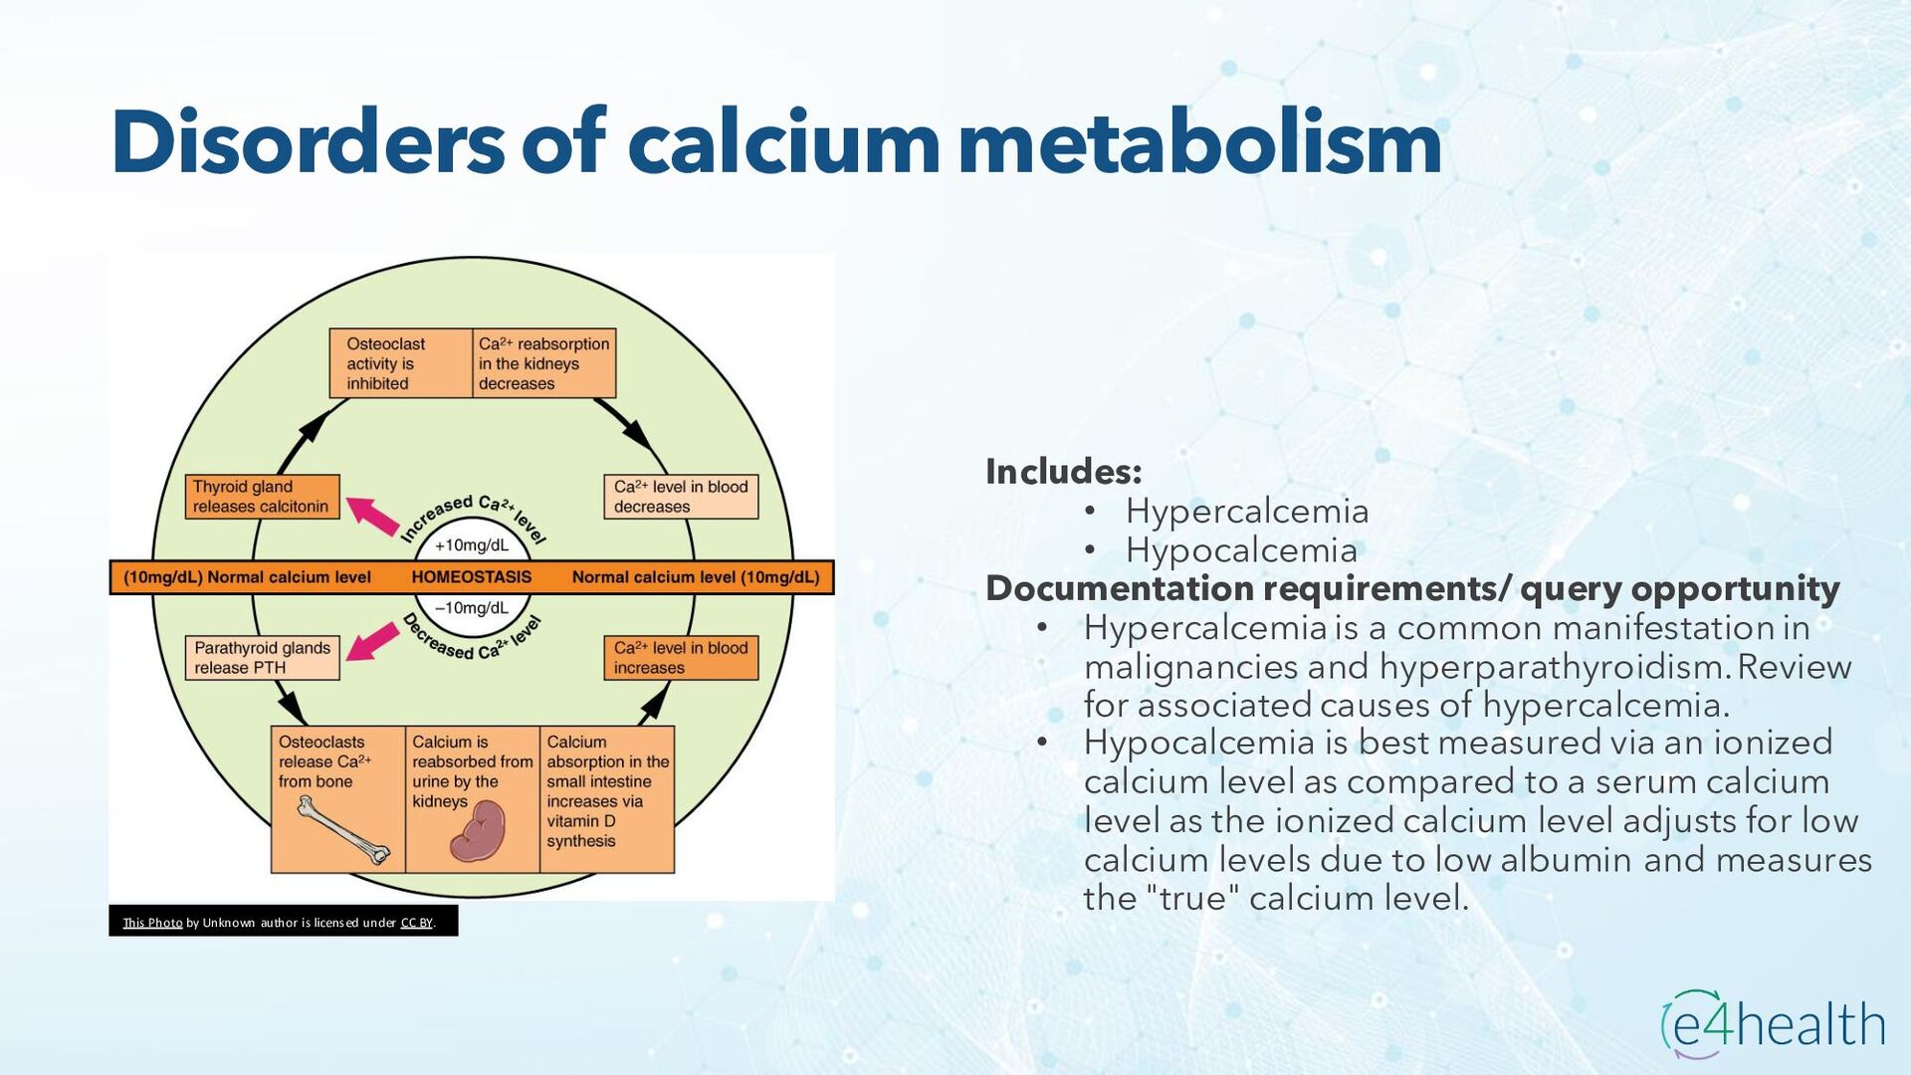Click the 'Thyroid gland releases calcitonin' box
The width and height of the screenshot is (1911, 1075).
262,497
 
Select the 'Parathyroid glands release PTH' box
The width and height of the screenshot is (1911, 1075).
262,658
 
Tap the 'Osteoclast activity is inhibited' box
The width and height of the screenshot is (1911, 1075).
400,363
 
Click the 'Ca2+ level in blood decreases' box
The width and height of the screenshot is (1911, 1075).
681,497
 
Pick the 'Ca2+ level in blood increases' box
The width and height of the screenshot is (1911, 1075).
681,658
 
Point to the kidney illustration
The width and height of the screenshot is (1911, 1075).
478,832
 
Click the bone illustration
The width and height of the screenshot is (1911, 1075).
344,830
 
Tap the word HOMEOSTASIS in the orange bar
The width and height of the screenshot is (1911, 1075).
472,577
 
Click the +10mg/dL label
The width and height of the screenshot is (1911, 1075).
472,545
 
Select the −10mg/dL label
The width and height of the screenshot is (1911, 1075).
472,608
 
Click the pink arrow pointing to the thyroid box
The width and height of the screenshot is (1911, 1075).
372,516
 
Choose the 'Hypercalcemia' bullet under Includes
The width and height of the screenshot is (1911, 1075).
1247,512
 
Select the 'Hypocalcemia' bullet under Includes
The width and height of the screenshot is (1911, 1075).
1241,550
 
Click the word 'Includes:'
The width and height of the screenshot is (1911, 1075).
1064,472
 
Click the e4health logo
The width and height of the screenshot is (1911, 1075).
1773,1024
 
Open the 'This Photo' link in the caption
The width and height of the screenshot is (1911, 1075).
152,923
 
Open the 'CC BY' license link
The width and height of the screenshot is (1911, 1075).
417,923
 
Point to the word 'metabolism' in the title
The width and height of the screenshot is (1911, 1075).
1200,142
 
